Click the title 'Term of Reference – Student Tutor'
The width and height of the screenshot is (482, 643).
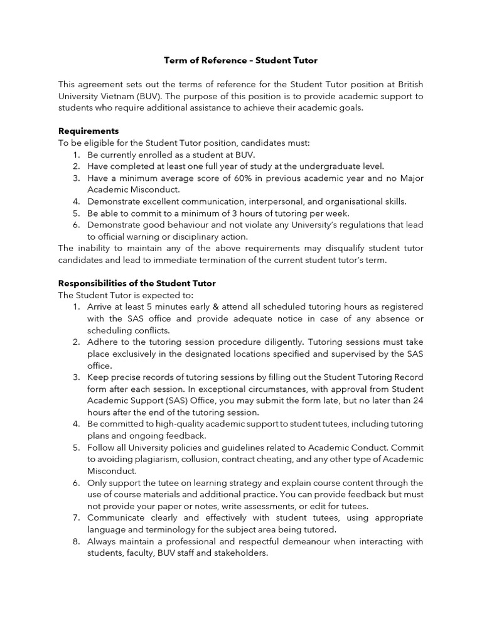pyautogui.click(x=241, y=60)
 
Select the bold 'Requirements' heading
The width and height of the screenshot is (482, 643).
pyautogui.click(x=88, y=131)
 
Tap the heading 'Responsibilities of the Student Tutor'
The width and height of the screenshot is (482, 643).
pyautogui.click(x=137, y=283)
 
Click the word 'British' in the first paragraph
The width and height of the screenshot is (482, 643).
pyautogui.click(x=407, y=84)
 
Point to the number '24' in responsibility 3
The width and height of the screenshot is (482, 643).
pyautogui.click(x=417, y=401)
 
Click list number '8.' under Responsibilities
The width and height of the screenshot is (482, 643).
pyautogui.click(x=76, y=541)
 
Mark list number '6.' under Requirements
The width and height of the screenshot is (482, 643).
pyautogui.click(x=76, y=225)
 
